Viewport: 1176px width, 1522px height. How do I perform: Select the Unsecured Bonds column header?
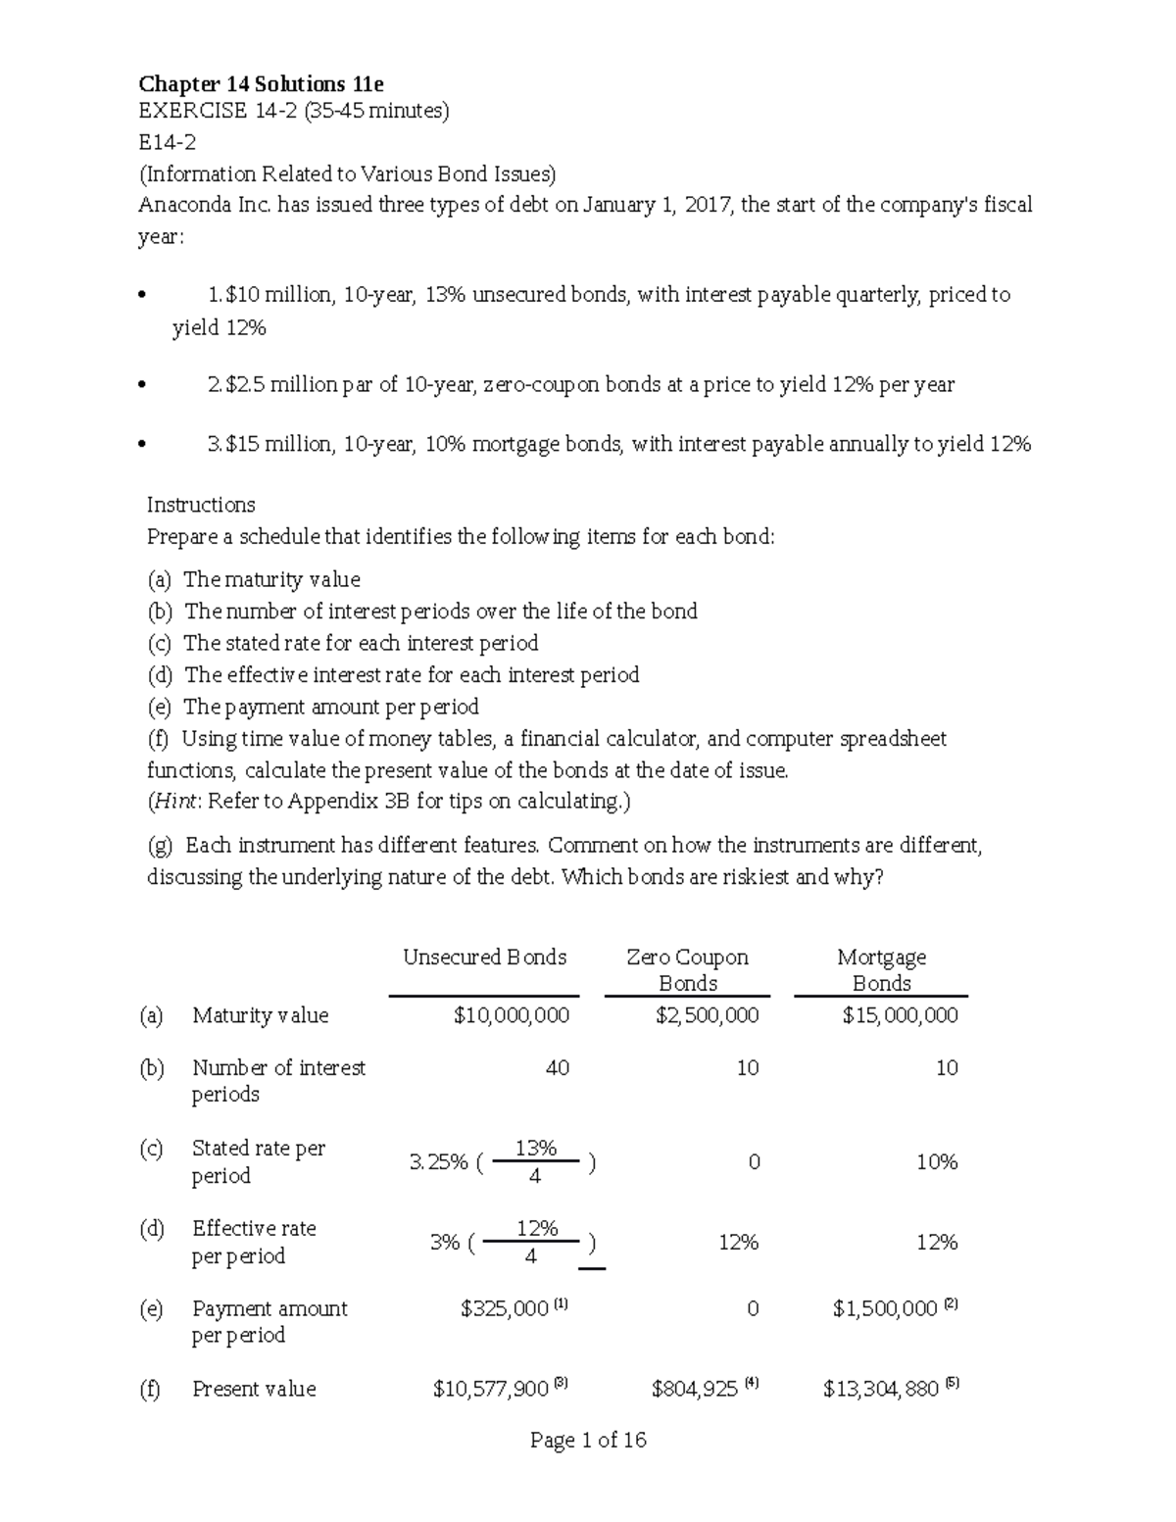point(484,957)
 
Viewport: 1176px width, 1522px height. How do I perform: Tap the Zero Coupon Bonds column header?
point(687,969)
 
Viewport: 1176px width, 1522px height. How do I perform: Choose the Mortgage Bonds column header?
point(881,969)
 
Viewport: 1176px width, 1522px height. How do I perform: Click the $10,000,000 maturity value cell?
point(511,1016)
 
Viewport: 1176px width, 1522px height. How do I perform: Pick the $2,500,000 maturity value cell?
point(707,1016)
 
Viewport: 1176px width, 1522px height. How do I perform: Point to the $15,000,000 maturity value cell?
point(900,1016)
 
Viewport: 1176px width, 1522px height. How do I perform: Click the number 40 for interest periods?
point(557,1068)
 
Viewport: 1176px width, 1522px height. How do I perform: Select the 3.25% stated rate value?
point(438,1162)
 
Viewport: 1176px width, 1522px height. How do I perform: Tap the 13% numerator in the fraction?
point(535,1148)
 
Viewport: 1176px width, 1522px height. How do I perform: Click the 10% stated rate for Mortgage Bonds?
point(936,1162)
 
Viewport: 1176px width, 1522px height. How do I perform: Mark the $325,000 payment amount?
point(504,1309)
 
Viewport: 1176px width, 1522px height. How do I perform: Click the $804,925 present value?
point(694,1389)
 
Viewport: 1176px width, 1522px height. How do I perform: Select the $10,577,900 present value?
point(490,1389)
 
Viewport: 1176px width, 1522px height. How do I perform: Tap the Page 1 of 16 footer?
point(588,1440)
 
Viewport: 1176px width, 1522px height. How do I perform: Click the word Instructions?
point(201,505)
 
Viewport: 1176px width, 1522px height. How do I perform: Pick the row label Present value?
point(254,1389)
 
